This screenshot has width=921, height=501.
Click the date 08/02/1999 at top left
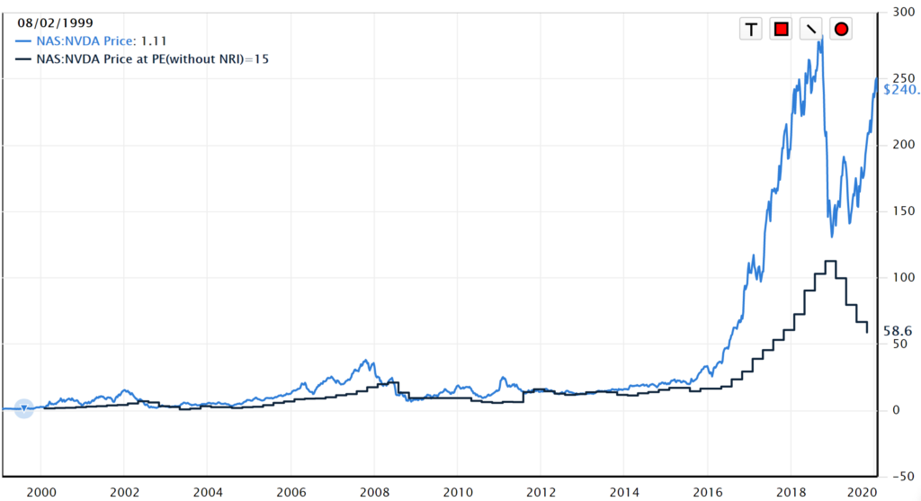click(x=53, y=22)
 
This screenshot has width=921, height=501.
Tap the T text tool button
click(x=751, y=30)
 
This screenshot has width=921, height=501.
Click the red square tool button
click(x=781, y=30)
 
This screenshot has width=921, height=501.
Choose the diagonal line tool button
click(x=811, y=30)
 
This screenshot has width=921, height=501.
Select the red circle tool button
click(x=841, y=30)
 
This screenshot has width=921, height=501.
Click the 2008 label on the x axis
click(x=374, y=492)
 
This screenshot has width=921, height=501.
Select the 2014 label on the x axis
click(x=624, y=492)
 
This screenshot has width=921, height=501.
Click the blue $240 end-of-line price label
click(x=900, y=89)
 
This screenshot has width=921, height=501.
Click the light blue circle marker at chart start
click(x=24, y=409)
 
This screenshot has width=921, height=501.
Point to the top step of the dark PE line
click(x=830, y=262)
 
